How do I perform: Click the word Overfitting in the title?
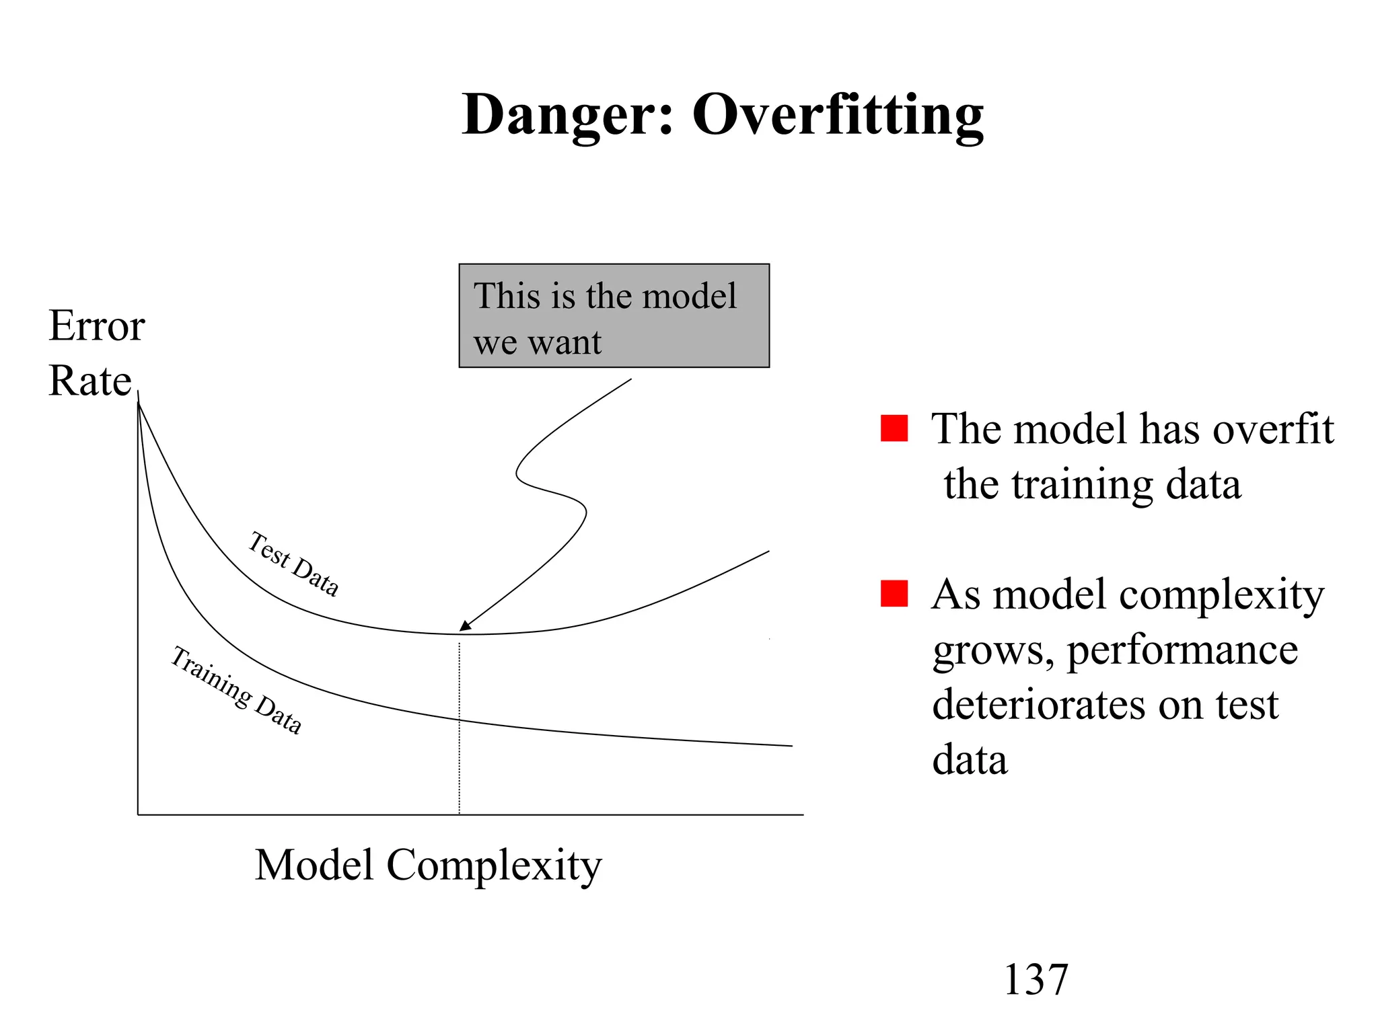click(x=838, y=115)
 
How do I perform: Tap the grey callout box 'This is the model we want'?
click(x=614, y=315)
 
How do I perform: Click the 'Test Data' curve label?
click(x=293, y=564)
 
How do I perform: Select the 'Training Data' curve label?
click(x=235, y=689)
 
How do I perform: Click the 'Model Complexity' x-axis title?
click(x=428, y=866)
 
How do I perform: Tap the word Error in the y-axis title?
click(x=97, y=326)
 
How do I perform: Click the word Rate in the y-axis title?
click(x=90, y=381)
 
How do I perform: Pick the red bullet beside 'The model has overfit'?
click(x=894, y=428)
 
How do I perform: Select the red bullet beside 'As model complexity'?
click(x=894, y=594)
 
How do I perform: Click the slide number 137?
click(x=1036, y=979)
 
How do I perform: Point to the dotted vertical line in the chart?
click(x=460, y=740)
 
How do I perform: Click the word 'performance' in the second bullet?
click(x=1182, y=650)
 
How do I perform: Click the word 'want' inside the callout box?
click(x=565, y=343)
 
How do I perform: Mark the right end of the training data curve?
click(x=791, y=745)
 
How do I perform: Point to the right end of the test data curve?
click(x=768, y=552)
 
